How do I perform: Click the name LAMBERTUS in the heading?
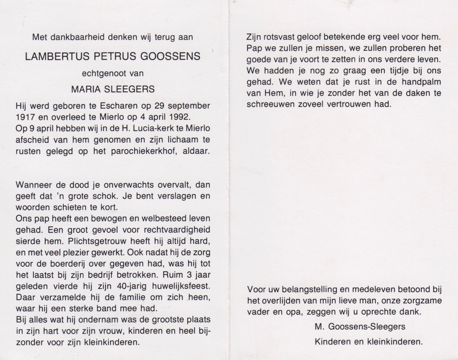point(57,56)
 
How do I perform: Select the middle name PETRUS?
point(115,56)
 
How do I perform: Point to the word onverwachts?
point(129,185)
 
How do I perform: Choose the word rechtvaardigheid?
point(177,230)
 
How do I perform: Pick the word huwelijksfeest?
point(181,286)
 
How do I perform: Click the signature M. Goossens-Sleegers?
point(360,327)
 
